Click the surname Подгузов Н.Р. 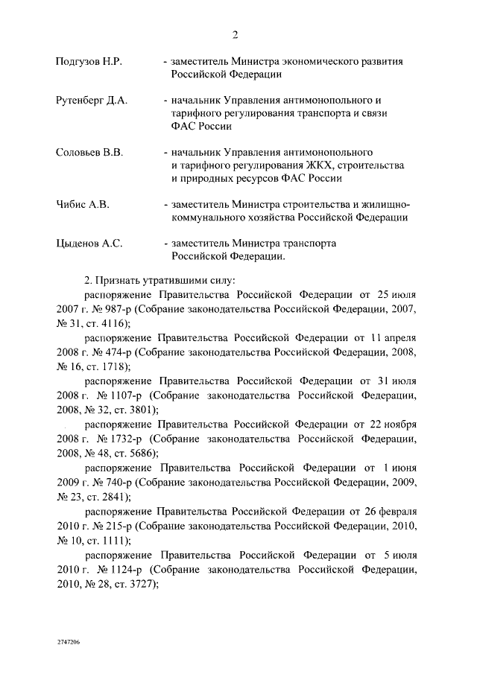click(x=89, y=62)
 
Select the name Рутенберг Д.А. click(x=92, y=100)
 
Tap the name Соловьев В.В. click(x=89, y=152)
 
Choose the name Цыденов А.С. click(x=89, y=243)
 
